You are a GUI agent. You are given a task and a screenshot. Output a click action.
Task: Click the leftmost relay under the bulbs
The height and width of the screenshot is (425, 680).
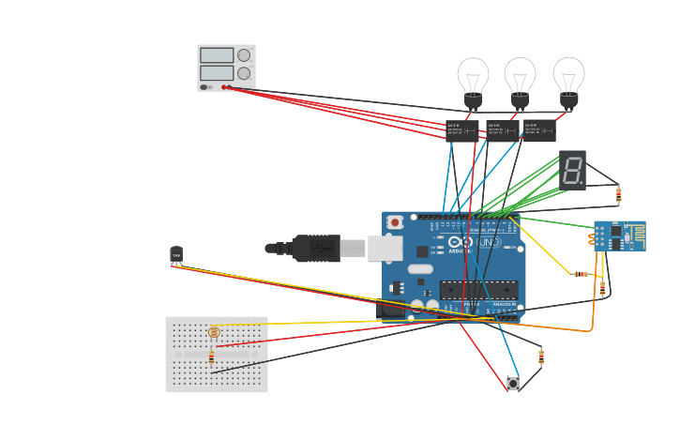point(461,129)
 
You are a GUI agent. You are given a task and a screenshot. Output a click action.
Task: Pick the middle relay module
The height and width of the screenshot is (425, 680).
point(501,129)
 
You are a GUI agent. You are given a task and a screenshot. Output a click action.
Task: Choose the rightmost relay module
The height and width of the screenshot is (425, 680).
point(539,129)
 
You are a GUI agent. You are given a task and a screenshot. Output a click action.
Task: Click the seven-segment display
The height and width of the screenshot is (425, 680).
point(572,170)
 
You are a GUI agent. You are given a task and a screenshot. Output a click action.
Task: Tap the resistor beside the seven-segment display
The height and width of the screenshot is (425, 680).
point(618,195)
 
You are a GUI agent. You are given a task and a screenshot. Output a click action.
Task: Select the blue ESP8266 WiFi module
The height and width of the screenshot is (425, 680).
point(619,235)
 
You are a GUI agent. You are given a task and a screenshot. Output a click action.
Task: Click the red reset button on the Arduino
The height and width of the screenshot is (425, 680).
point(396,222)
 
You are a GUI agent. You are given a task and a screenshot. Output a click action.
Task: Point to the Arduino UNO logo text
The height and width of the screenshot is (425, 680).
point(474,242)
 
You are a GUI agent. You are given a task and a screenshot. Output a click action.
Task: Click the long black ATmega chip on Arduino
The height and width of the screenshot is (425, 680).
point(477,290)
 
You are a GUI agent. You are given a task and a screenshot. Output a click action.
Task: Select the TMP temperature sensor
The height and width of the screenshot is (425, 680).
point(176,254)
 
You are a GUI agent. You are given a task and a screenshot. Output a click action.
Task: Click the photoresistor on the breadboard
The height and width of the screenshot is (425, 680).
point(214,332)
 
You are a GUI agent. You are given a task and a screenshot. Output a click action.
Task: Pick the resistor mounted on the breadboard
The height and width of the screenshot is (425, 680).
point(211,357)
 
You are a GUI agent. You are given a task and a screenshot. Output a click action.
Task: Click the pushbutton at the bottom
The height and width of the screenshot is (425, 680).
point(512,384)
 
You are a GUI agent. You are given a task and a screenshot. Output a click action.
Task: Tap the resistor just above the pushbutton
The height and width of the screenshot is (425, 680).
point(541,357)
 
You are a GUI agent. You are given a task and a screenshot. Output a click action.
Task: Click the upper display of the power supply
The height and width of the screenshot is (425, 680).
point(217,55)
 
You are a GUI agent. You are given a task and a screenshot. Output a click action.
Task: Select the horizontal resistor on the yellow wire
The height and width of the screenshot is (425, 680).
point(582,274)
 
